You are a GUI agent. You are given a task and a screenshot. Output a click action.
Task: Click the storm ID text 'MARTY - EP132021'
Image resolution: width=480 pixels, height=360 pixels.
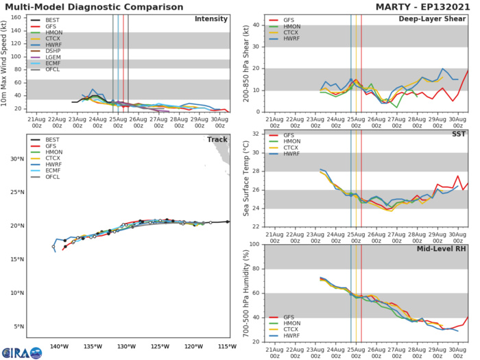420,7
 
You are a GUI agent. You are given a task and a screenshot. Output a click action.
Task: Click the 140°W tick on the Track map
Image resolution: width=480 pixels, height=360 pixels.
60,337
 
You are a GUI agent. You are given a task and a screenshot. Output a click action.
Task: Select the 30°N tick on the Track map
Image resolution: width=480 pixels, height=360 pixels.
16,158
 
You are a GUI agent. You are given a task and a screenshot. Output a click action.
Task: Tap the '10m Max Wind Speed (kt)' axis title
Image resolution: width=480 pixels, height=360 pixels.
5,63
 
